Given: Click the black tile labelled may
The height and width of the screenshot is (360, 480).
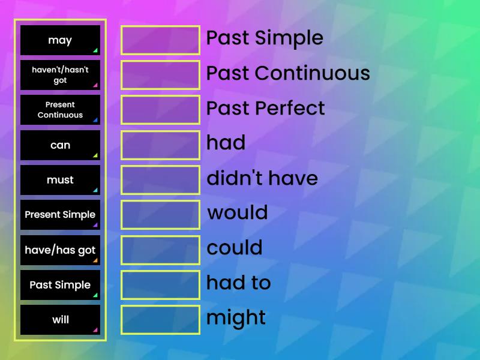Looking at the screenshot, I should click(x=60, y=40).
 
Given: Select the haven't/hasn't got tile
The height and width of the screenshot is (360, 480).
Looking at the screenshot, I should click(x=60, y=75).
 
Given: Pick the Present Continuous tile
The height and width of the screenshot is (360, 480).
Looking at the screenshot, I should click(x=60, y=110).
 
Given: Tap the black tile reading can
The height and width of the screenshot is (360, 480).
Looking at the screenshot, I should click(x=60, y=145).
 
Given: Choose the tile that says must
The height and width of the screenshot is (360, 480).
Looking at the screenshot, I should click(x=60, y=180).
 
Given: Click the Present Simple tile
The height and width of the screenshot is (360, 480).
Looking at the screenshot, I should click(x=60, y=215).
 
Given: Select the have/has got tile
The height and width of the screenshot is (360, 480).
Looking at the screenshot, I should click(x=60, y=250).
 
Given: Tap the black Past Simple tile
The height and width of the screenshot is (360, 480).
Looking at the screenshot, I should click(x=60, y=285).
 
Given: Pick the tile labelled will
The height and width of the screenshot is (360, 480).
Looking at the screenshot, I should click(x=60, y=320).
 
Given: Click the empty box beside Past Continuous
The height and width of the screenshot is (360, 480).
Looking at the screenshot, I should click(x=160, y=75).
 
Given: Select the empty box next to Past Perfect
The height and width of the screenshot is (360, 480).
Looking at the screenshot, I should click(x=160, y=110).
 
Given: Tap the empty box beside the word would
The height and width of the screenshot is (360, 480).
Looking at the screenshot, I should click(x=160, y=215).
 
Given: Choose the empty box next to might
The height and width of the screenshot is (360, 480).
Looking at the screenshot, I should click(x=160, y=320).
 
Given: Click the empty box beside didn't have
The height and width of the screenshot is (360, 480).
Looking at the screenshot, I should click(x=160, y=180).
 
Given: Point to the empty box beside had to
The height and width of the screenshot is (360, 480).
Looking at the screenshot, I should click(x=160, y=285).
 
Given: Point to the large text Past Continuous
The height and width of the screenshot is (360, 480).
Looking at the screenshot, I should click(x=288, y=73).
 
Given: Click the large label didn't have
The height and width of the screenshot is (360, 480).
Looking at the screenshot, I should click(x=262, y=178).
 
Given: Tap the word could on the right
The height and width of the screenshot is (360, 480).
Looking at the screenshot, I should click(x=235, y=248).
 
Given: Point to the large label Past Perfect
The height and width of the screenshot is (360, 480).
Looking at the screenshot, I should click(x=265, y=108).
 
